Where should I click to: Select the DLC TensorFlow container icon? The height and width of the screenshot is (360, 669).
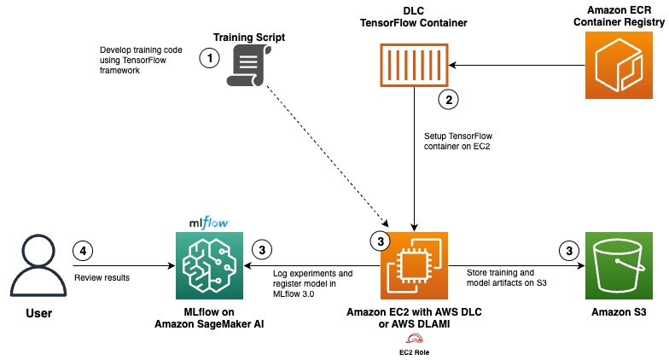tap(414, 65)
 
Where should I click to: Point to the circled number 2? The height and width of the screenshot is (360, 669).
tap(449, 99)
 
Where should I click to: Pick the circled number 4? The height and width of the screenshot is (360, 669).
tap(83, 251)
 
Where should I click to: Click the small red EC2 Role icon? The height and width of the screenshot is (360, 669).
tap(414, 339)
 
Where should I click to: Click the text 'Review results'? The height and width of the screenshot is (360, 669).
tap(102, 278)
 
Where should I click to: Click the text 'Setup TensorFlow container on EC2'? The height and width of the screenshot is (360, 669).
tap(457, 142)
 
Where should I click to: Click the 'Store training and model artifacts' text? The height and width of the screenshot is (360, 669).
tap(503, 277)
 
